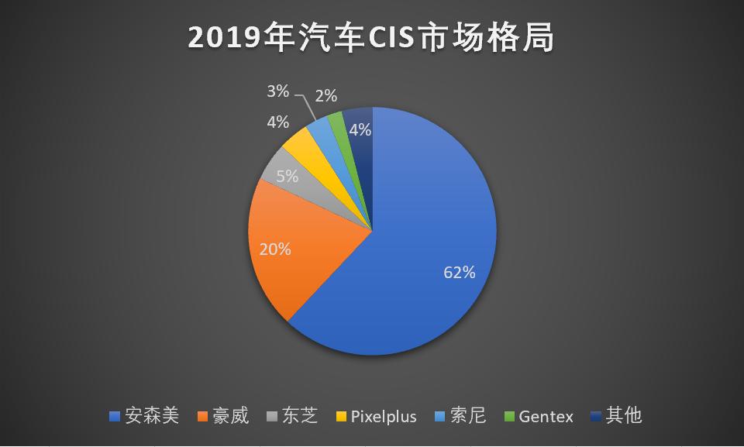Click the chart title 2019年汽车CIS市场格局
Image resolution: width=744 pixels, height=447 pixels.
tap(372, 38)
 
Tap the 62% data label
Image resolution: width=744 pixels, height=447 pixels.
tap(460, 272)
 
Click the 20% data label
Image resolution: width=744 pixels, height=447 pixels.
tap(275, 249)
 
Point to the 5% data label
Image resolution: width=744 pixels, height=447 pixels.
tap(287, 176)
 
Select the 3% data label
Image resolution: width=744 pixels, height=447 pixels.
tap(277, 91)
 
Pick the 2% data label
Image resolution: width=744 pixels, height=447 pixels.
tap(326, 96)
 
